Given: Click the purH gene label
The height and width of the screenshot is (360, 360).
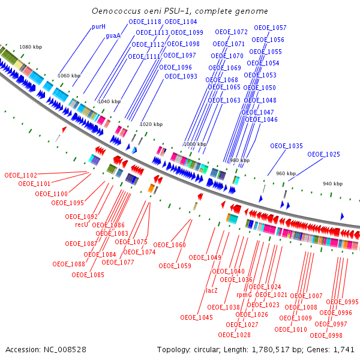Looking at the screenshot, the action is click(x=98, y=27).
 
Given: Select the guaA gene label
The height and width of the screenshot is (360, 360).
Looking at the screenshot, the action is click(x=113, y=35).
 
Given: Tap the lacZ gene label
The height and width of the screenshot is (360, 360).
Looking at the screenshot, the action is click(x=211, y=290).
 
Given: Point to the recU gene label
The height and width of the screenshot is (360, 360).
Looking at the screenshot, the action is click(x=82, y=224).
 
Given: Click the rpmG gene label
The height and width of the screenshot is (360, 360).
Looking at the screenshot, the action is click(x=244, y=295).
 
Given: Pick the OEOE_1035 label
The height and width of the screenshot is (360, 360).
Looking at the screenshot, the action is click(x=286, y=146).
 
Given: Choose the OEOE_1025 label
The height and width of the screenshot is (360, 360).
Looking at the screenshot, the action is click(x=323, y=154).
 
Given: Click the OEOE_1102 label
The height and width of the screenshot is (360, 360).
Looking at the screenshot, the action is click(x=20, y=175).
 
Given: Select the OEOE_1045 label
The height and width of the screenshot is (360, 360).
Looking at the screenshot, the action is click(x=197, y=317).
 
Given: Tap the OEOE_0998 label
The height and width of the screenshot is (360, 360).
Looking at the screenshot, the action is click(x=326, y=335).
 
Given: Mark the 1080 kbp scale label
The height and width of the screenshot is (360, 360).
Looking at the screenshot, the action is click(x=31, y=47).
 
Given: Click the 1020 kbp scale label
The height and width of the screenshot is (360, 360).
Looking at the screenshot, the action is click(x=151, y=124).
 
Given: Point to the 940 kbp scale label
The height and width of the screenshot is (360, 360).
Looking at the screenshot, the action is click(x=332, y=184).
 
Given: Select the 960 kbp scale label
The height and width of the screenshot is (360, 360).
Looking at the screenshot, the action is click(x=286, y=173).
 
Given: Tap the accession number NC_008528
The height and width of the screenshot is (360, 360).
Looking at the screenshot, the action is click(x=65, y=350).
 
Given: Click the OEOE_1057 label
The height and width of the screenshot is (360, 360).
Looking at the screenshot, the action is click(x=270, y=28).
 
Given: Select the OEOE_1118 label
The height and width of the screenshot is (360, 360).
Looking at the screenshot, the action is click(x=145, y=22).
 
